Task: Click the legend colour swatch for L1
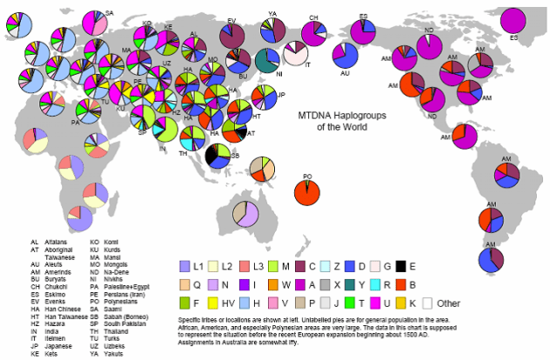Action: coord(184,265)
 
